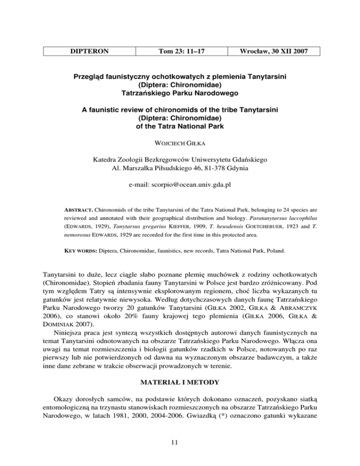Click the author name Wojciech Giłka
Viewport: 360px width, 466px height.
pyautogui.click(x=180, y=143)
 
